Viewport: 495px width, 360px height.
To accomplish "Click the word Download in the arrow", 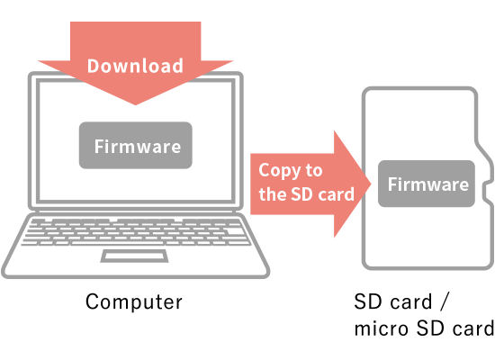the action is coord(135,66).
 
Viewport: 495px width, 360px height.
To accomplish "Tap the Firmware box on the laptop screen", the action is coord(135,145).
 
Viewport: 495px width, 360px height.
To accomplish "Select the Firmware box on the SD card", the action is coord(427,184).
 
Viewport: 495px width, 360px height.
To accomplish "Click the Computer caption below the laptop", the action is coord(134,301).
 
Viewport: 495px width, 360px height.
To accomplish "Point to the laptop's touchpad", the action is coord(134,256).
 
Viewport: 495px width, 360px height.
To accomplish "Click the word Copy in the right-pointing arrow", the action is coord(280,170).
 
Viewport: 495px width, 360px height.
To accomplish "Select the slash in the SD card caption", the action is coord(444,301).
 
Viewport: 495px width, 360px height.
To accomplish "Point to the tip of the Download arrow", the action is coord(135,104).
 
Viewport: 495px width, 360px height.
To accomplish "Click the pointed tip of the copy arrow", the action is coord(371,184).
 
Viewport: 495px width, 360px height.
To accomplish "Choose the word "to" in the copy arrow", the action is coord(314,170).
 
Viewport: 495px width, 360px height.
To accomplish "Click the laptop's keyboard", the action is coord(136,232).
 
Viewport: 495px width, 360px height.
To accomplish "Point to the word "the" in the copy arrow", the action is coord(273,193).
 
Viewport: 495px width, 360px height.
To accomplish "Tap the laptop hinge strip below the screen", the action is coord(135,211).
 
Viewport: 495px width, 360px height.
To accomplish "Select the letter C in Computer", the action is coord(93,301).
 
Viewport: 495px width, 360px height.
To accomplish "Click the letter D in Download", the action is coord(94,66).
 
